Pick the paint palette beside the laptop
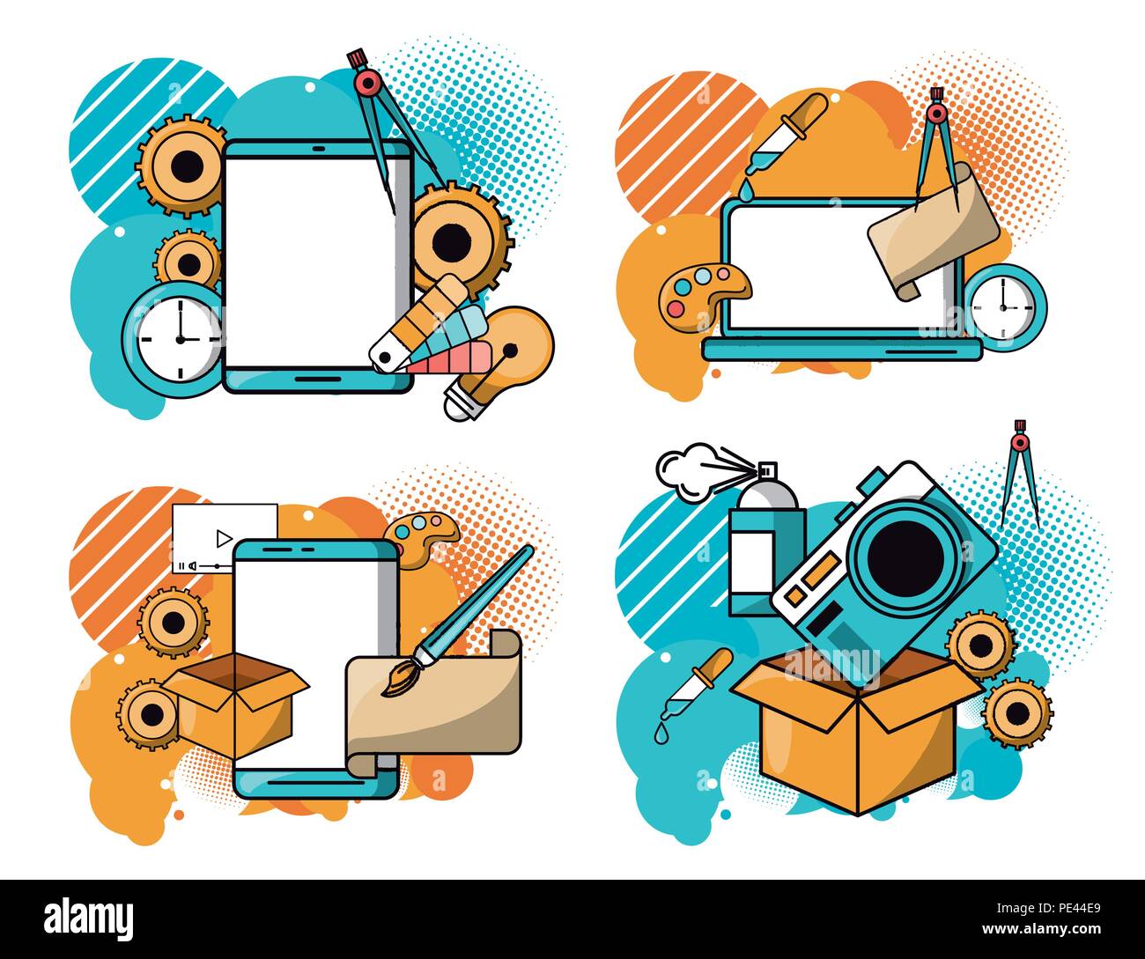(703, 294)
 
